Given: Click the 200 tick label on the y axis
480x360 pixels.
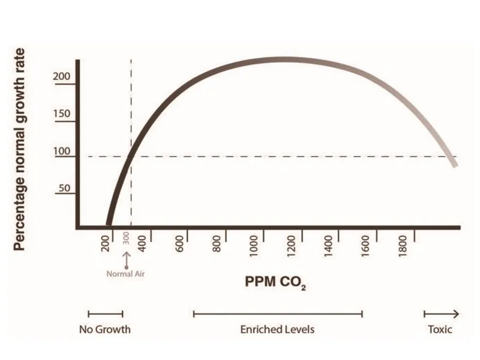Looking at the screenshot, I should [62, 78].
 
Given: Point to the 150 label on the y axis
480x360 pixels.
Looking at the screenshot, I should [62, 115].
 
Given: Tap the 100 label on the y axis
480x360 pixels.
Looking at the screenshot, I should [62, 151].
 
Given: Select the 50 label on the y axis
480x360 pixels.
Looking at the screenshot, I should [64, 188].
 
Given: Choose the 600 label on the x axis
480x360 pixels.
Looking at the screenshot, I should [181, 244].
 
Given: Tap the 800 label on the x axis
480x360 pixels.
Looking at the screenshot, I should [218, 244].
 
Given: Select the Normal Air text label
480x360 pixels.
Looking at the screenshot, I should [127, 275].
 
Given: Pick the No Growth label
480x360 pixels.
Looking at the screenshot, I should [105, 329].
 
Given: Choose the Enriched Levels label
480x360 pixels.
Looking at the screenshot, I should [277, 329].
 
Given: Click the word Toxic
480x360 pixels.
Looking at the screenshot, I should [440, 329].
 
